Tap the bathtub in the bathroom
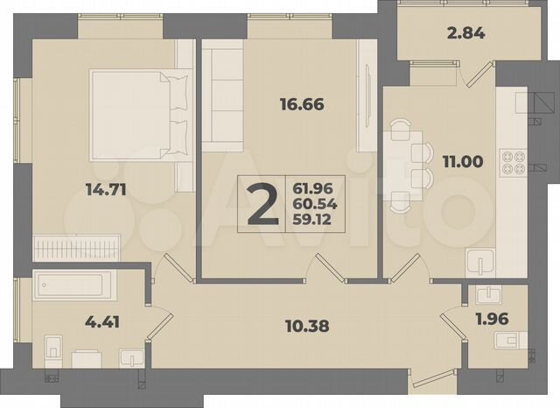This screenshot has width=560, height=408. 73,285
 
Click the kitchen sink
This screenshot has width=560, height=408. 482,262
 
